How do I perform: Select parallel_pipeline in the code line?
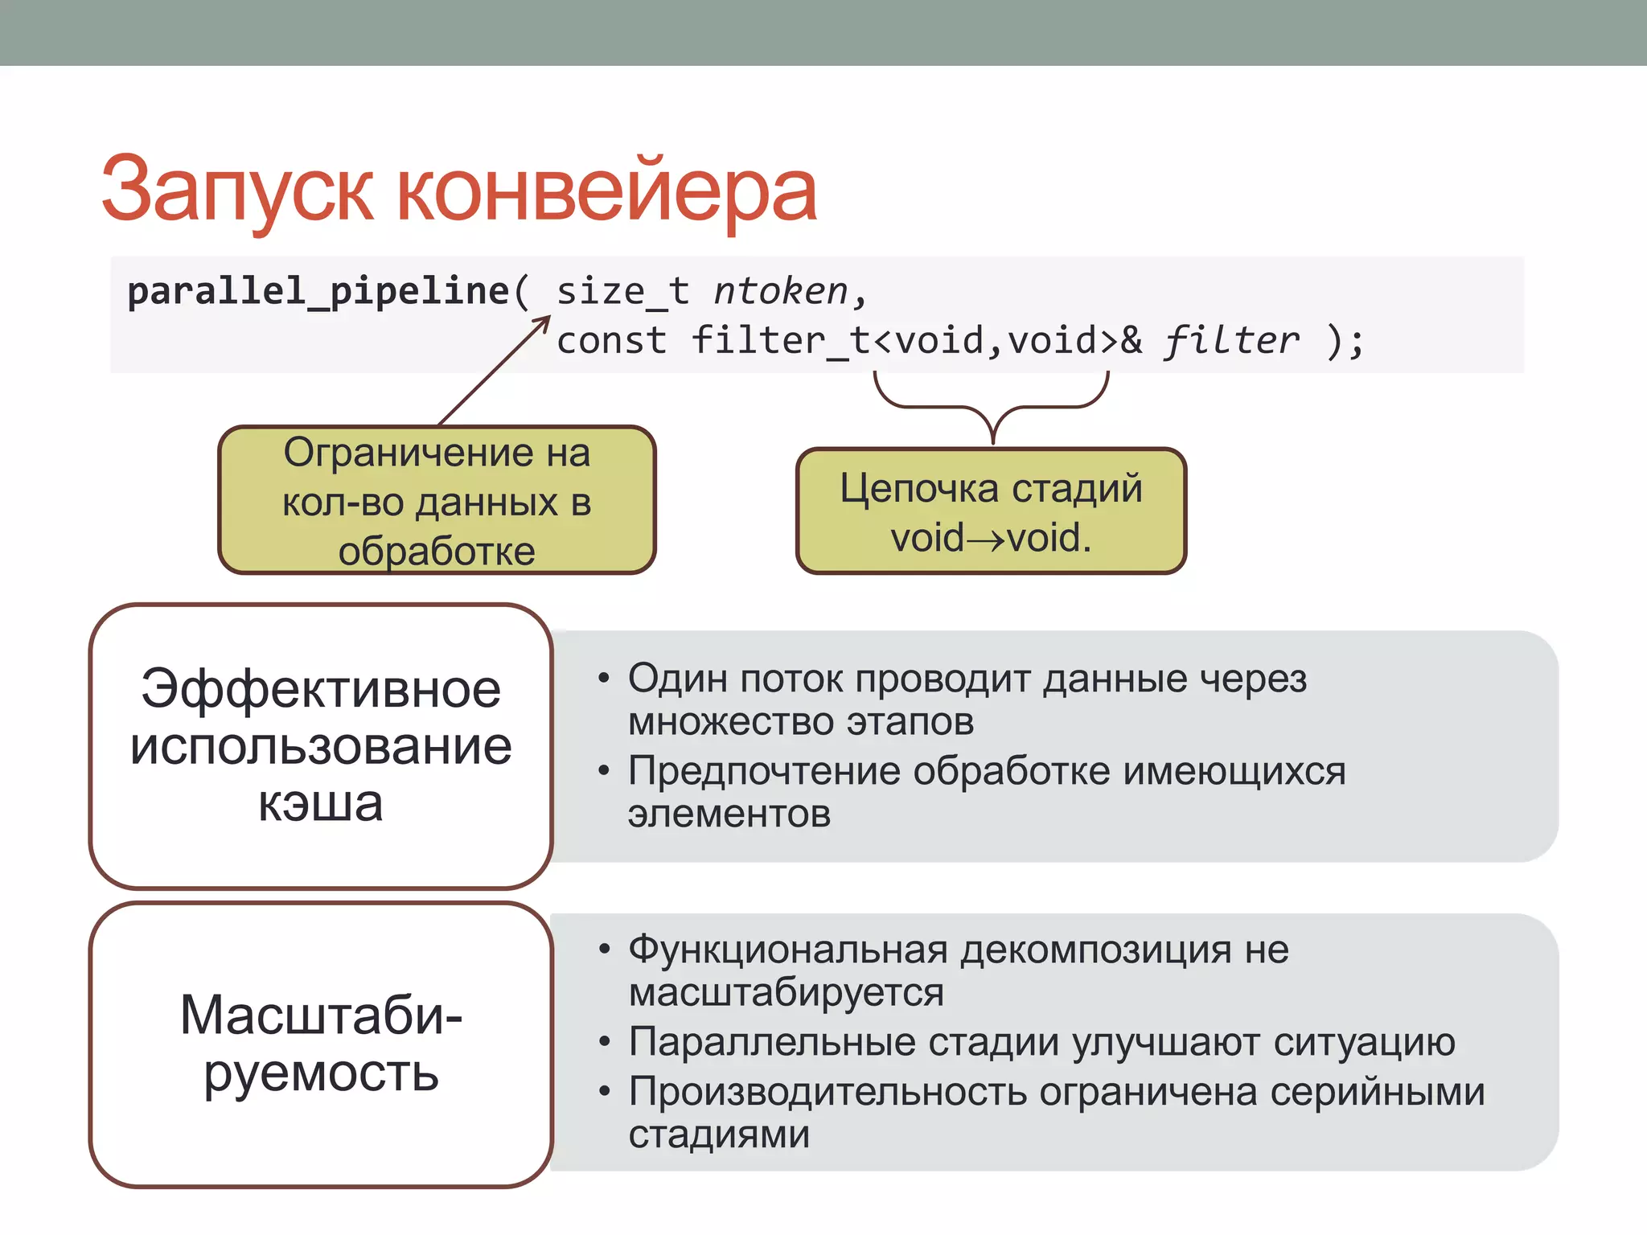(318, 291)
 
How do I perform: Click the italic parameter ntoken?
(780, 291)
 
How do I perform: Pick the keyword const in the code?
(611, 341)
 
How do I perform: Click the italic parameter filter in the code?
(1230, 341)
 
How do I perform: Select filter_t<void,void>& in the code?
(917, 341)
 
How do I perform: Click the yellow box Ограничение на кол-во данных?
(437, 501)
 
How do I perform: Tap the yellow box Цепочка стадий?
(991, 511)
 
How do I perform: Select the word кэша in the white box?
(320, 804)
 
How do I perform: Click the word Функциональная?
(788, 950)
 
